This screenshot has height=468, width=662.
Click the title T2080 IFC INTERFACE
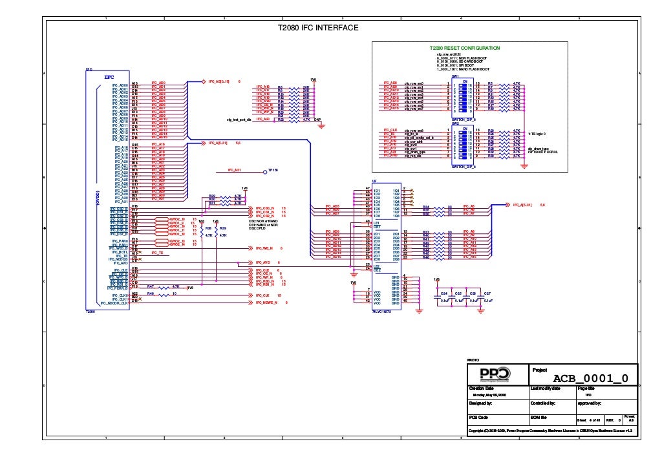coord(317,28)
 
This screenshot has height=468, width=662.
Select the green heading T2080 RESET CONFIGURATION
coord(465,48)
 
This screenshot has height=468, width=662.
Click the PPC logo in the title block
coord(494,376)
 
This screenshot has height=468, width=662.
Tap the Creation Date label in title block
coord(481,388)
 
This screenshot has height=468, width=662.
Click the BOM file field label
coord(540,417)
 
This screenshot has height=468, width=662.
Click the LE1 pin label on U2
coord(376,222)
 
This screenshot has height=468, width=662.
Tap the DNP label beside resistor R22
coord(317,120)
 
